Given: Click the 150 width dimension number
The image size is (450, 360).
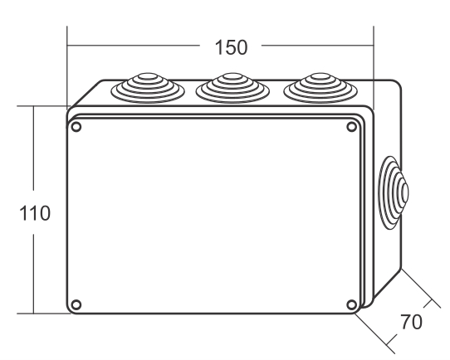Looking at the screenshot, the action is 231,47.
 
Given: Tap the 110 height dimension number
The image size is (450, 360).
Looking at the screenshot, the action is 35,213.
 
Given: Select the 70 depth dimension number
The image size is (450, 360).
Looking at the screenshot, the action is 411,322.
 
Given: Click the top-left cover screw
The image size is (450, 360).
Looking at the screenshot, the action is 76,127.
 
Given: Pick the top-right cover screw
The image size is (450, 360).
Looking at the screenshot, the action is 352,127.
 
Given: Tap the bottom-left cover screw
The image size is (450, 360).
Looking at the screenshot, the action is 76,304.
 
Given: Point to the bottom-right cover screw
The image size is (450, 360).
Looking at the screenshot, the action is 352,304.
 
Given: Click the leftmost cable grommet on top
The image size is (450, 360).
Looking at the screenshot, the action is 148,88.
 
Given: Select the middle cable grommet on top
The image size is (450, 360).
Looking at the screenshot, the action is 232,88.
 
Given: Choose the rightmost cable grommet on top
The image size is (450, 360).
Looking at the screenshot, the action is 320,88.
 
